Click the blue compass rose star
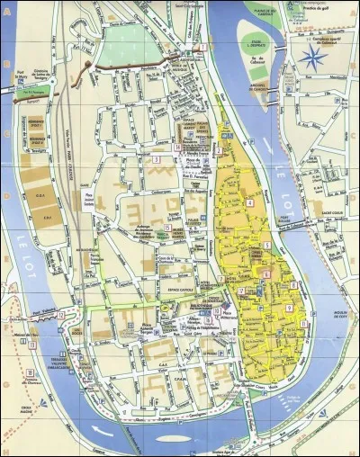click(x=312, y=59)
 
